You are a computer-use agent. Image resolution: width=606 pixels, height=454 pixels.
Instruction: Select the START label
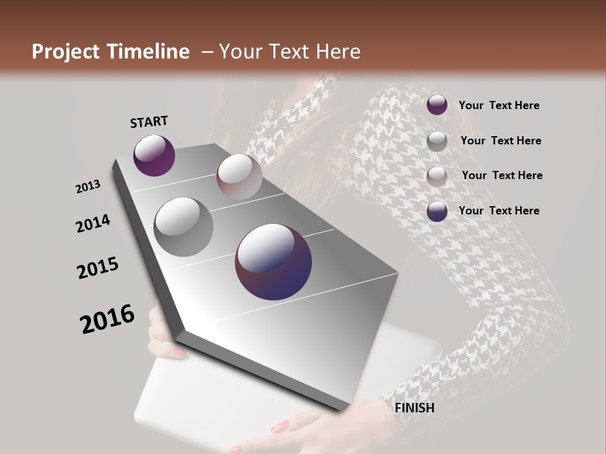point(149,122)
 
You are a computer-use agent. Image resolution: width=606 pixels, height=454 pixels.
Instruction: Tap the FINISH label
point(414,408)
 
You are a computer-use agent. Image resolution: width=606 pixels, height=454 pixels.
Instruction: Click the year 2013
point(88,187)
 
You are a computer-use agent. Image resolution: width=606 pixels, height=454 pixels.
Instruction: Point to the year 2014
point(93,223)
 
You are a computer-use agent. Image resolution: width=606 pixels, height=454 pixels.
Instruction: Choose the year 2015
point(98,268)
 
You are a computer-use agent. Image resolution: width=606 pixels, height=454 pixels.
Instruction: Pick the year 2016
point(107,319)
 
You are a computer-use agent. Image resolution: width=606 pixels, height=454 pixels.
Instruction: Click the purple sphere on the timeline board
point(154,155)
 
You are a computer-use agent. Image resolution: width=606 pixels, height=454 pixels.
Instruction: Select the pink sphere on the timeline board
point(239,176)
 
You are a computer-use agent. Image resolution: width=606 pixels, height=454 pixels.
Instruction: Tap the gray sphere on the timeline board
point(184,227)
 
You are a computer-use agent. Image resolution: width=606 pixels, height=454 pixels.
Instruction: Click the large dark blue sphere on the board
point(273,262)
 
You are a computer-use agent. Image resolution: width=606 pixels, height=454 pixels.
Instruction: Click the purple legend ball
point(437,105)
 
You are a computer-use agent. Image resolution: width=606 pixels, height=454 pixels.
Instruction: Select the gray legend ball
point(437,141)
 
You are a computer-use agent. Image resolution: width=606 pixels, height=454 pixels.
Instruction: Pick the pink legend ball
point(437,177)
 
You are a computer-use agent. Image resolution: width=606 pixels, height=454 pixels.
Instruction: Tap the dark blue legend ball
point(437,212)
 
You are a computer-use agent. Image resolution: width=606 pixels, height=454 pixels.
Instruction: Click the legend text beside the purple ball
point(499,105)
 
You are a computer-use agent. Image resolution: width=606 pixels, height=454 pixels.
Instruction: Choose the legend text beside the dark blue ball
point(499,211)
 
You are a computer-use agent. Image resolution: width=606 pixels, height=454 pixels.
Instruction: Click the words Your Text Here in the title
point(289,52)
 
